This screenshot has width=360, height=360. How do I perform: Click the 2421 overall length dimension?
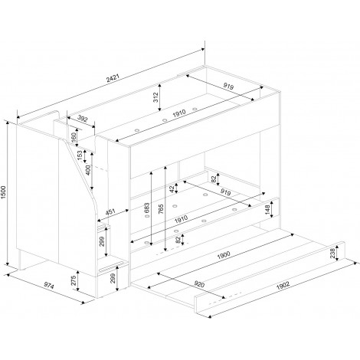113,78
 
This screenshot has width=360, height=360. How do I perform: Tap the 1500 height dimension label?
3,192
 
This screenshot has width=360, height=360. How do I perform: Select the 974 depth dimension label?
49,286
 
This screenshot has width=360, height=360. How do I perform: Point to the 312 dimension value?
155,97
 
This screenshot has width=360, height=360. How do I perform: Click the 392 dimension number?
83,119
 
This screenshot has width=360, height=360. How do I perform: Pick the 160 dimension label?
74,138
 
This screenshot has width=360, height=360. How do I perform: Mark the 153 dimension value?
80,155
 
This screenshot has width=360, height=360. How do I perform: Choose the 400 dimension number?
88,170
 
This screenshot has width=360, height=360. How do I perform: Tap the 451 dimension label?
110,212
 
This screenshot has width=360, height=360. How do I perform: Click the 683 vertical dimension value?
146,208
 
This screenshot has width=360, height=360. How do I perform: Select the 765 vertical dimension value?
161,208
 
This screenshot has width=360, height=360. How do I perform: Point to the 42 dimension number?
172,189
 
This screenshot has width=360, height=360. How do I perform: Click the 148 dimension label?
267,210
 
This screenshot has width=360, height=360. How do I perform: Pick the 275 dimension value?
74,280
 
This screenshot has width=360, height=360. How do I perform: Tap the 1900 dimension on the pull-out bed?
224,255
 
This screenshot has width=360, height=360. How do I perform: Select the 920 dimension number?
199,283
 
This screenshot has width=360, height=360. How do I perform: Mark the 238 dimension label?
332,254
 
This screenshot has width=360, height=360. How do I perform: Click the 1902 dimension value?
283,285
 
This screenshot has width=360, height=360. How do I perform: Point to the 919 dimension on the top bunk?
228,86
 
